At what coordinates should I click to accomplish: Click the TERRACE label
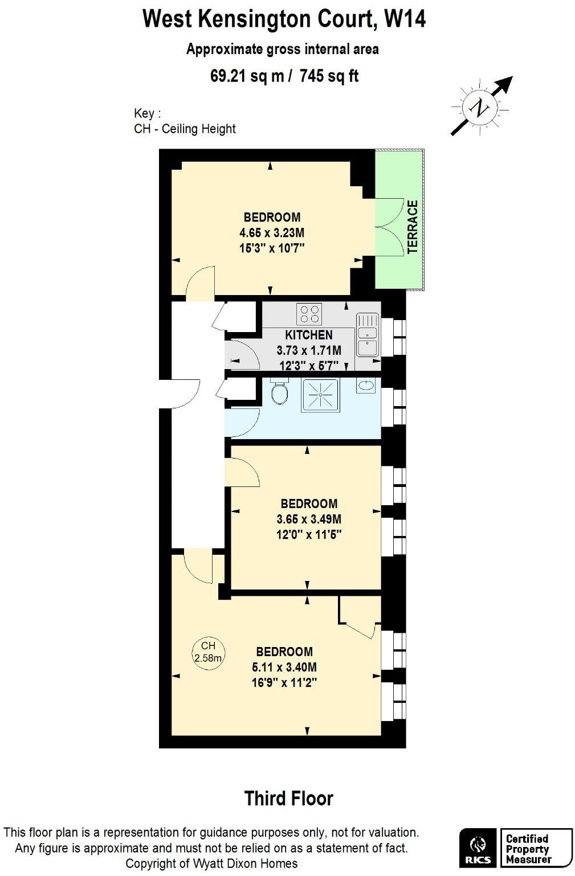413,227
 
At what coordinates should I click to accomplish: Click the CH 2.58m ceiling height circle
208,652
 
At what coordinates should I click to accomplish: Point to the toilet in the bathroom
279,392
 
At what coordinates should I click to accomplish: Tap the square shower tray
320,394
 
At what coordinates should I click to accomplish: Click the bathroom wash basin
365,386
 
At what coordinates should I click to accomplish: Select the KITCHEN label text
308,335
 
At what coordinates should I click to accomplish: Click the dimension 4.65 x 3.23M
272,232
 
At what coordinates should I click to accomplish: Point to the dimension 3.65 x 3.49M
308,519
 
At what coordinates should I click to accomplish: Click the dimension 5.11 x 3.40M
284,667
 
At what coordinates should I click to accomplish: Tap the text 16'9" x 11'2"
284,682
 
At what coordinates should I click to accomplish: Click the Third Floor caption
288,799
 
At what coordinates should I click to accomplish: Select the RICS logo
478,847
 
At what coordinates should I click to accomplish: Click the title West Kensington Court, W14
283,19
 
